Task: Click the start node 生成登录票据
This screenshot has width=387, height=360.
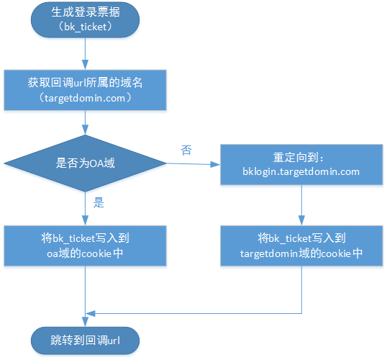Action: tap(85, 19)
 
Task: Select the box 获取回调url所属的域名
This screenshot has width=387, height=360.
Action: tap(85, 90)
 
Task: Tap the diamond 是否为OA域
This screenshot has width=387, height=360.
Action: tap(85, 163)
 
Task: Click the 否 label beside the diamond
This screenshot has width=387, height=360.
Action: tap(186, 150)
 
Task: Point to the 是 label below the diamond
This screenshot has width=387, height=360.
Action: tap(99, 202)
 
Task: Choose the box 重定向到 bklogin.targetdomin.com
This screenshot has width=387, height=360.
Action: tap(301, 165)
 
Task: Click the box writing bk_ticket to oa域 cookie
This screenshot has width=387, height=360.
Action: tap(85, 246)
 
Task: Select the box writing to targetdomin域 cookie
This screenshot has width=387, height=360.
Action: tap(301, 246)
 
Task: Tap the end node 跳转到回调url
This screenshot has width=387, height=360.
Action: tap(85, 341)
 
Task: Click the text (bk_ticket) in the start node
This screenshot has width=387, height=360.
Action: tap(85, 27)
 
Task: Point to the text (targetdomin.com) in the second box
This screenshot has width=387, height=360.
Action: tap(85, 98)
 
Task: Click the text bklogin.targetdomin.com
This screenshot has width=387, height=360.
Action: tap(301, 172)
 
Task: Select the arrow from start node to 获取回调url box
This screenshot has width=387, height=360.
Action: tap(85, 53)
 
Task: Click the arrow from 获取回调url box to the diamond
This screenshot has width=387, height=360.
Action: tap(85, 122)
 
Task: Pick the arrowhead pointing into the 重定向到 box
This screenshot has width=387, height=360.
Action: tap(215, 164)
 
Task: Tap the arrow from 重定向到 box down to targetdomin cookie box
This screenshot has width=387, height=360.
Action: tap(301, 205)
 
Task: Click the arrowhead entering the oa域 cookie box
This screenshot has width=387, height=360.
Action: tap(85, 220)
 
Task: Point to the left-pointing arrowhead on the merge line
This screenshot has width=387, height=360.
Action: tap(91, 313)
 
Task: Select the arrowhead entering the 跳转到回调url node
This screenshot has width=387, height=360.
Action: tap(85, 322)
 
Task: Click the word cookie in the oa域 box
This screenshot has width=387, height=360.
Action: tap(96, 253)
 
